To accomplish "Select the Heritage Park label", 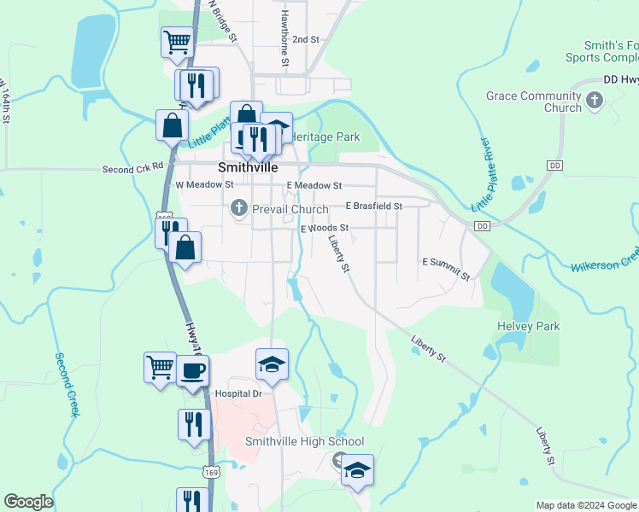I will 325,137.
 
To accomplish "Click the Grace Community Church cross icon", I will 595,102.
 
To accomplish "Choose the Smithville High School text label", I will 304,441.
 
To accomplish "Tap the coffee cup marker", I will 193,370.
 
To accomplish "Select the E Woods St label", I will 325,228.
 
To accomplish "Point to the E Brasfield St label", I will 373,206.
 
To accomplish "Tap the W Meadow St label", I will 204,184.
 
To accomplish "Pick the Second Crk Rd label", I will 132,169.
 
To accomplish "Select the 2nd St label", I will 305,39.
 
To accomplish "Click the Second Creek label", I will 67,385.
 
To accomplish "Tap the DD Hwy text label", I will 620,79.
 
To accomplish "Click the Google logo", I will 28,502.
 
